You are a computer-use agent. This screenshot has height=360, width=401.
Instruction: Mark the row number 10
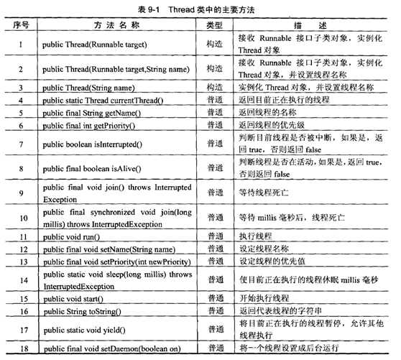point(22,217)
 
